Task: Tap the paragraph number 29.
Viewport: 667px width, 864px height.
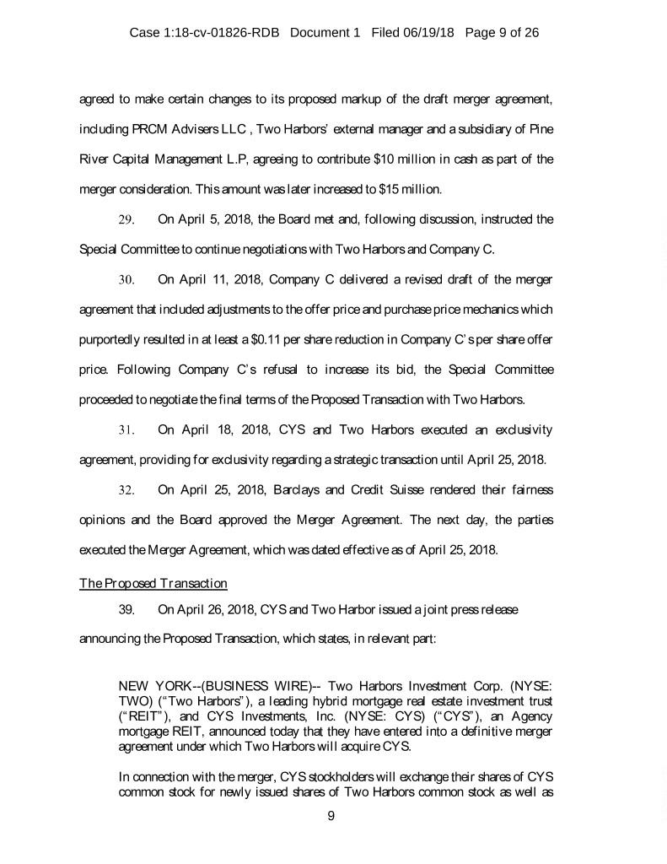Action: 127,220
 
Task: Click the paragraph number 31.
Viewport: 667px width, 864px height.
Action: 127,430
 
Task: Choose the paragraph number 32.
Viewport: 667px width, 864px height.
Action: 127,490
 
